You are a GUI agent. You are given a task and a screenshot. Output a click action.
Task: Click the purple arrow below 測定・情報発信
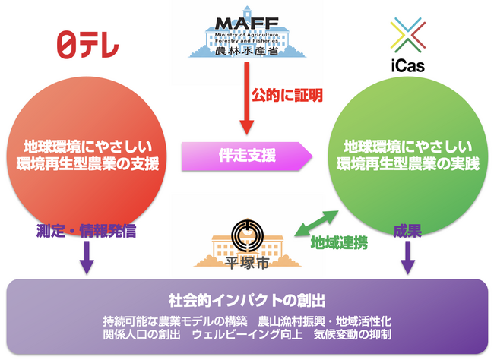[x=86, y=261]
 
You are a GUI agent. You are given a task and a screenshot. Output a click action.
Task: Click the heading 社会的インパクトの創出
[x=247, y=297]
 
